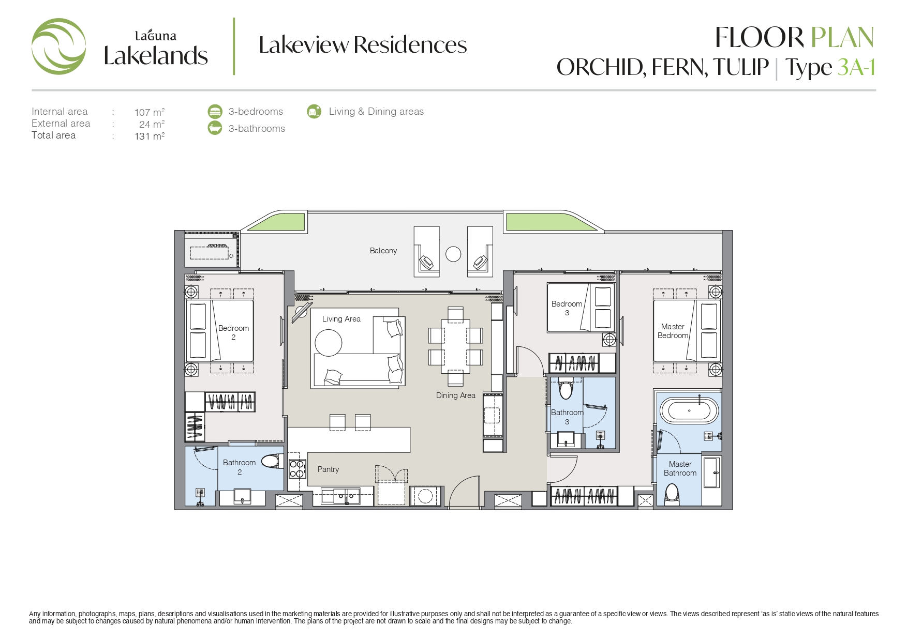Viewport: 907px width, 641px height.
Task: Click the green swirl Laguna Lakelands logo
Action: pos(58,47)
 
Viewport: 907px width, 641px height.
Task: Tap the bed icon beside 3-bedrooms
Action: pos(215,111)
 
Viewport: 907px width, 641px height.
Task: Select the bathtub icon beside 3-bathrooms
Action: pos(215,128)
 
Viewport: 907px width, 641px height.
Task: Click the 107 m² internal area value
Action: pos(150,112)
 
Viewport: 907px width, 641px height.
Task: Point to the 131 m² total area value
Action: pos(150,136)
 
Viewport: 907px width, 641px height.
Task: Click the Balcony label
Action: pos(383,251)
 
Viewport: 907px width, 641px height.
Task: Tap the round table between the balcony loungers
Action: pos(453,254)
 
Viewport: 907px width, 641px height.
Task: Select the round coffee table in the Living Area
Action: pos(329,343)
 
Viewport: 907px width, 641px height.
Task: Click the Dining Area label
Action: pos(455,395)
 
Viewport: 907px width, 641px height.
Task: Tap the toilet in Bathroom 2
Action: pos(272,461)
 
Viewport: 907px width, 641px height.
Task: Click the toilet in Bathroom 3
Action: pos(566,389)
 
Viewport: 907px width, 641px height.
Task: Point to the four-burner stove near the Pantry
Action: pos(297,468)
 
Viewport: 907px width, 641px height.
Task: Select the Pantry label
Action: pos(328,469)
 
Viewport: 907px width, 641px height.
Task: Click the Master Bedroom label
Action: pos(673,331)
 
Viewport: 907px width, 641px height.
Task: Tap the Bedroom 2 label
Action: pos(233,332)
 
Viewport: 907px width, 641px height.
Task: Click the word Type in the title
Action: pos(809,68)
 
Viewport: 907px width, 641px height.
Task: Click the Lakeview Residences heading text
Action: pos(363,45)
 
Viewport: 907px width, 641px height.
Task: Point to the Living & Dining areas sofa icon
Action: pos(314,111)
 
